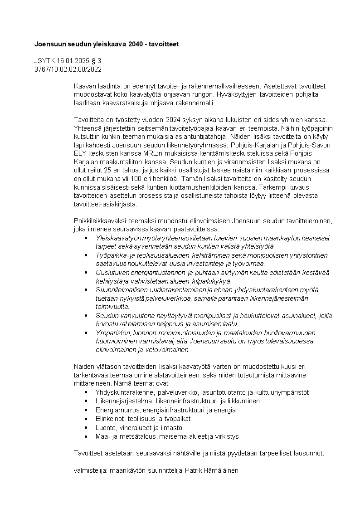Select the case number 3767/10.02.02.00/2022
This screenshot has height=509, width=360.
tap(68, 69)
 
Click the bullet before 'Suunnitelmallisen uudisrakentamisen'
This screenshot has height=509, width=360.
tap(86, 289)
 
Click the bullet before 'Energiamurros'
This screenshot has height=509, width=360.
tap(86, 410)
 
